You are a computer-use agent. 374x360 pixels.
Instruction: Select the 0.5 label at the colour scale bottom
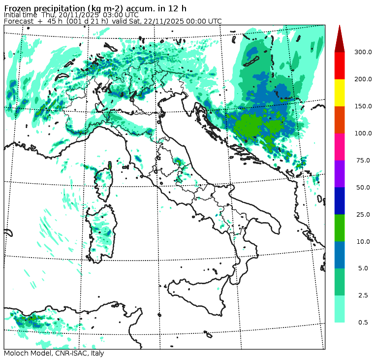coord(363,322)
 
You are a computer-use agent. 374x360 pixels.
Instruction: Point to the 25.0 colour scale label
coord(363,214)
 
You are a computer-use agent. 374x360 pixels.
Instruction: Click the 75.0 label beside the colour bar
coord(363,160)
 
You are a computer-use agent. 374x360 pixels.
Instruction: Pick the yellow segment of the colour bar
coord(340,93)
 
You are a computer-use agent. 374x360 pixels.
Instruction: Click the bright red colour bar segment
coord(340,65)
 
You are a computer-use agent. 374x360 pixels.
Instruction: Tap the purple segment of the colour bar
coord(340,173)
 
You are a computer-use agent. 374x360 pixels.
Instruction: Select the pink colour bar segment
coord(340,147)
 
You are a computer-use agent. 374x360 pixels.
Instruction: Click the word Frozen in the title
coord(18,7)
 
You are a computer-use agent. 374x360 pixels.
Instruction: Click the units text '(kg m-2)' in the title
coord(93,7)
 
